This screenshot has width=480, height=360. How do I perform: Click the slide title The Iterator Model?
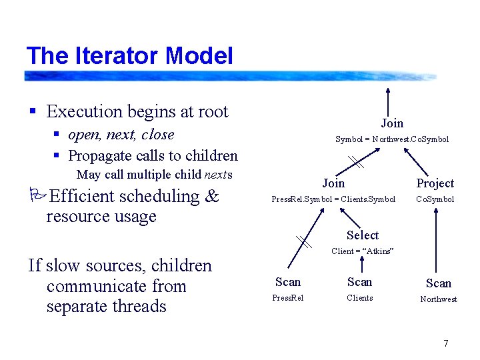coord(129,55)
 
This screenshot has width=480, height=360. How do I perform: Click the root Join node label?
coord(392,123)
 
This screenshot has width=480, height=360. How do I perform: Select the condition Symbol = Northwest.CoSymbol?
coord(391,139)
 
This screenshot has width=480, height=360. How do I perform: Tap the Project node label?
coord(435,183)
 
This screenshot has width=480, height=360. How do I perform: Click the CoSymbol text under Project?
coord(435,199)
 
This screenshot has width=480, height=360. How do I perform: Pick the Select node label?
coord(362,235)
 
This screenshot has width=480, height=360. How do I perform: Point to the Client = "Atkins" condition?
coord(363,251)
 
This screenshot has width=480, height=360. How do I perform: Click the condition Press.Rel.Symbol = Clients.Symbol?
coord(333,199)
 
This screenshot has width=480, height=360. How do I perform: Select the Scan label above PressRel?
coord(288,282)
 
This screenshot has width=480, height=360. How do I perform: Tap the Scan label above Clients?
coord(359,282)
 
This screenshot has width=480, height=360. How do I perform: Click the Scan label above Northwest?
coord(438,283)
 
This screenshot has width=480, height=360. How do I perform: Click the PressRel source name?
coord(288,298)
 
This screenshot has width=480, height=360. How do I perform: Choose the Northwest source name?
coord(438,299)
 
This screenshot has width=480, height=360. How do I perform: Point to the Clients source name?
coord(359,298)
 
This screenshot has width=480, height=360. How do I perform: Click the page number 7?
coord(446,343)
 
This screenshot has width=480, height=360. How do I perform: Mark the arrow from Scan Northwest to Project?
coord(435,240)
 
